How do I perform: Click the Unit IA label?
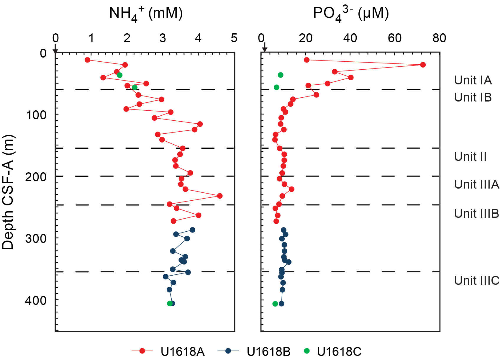tap(473, 80)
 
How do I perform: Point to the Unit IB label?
tap(473, 97)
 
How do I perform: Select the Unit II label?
tap(470, 157)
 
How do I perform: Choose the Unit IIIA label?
tap(476, 184)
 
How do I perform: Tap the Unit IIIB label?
tap(476, 213)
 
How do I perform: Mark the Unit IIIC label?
tap(477, 281)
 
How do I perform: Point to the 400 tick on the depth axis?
tap(36, 300)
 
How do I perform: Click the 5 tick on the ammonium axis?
tap(234, 38)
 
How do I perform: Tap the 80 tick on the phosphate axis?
tap(439, 38)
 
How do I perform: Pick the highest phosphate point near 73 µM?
tap(423, 65)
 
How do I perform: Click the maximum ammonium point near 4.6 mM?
tap(219, 196)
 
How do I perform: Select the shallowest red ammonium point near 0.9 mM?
tap(87, 60)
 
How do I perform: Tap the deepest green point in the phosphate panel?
tap(275, 304)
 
